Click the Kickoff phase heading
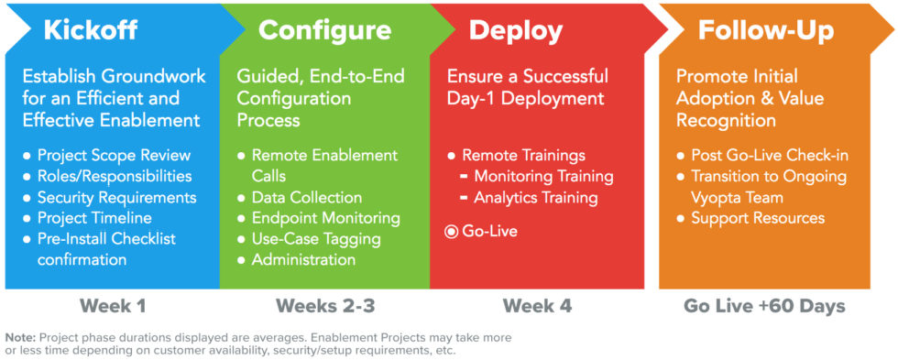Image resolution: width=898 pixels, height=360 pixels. [x=90, y=30]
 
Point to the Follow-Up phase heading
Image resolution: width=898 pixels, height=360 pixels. [x=765, y=30]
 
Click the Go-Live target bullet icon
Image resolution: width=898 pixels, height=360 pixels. [x=451, y=232]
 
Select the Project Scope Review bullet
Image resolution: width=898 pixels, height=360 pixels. [x=114, y=155]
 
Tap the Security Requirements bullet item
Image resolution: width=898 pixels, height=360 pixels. [x=116, y=197]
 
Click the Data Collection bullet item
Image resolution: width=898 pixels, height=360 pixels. [x=306, y=197]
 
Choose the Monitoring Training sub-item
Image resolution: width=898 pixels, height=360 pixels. [x=543, y=176]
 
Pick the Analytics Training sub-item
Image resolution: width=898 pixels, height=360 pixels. [x=535, y=197]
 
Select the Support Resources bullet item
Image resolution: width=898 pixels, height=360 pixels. [x=758, y=218]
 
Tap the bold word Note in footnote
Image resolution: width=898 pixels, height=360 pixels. [x=22, y=337]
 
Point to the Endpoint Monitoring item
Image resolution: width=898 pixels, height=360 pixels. [x=325, y=218]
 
